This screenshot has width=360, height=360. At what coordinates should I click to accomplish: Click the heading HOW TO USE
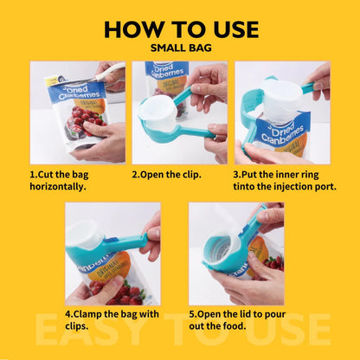pos(180,28)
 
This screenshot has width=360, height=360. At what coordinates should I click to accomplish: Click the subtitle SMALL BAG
pos(180,48)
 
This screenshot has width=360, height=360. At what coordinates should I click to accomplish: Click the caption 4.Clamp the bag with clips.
pos(112,319)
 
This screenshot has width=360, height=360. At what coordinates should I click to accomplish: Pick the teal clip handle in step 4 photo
pos(130,242)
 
